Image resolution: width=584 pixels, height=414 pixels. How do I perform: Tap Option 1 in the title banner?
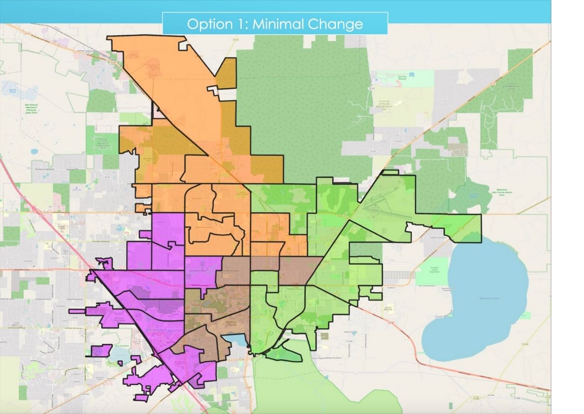[x=215, y=24]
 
